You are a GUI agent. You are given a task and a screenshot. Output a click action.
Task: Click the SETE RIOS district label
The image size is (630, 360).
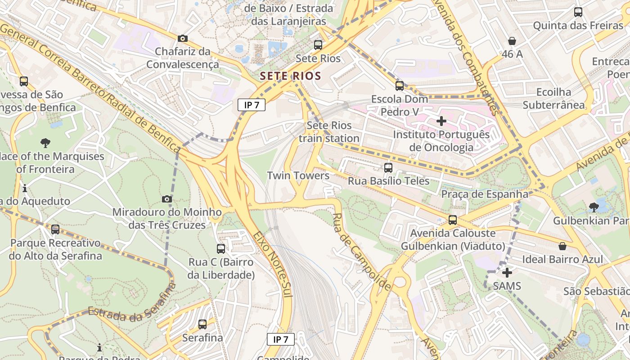pyautogui.click(x=290, y=76)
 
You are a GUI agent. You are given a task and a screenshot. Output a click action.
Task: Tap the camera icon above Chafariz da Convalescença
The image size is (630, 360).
pyautogui.click(x=182, y=39)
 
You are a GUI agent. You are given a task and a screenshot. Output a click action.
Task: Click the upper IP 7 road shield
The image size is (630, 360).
pyautogui.click(x=252, y=105)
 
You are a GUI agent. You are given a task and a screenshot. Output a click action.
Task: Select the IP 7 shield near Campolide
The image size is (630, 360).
pyautogui.click(x=280, y=339)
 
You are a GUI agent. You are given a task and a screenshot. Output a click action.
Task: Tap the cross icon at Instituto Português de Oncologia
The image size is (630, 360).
pyautogui.click(x=441, y=121)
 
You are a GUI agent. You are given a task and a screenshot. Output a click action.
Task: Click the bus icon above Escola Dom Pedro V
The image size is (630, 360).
pyautogui.click(x=400, y=85)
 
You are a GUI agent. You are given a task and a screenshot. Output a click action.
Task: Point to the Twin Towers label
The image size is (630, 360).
pyautogui.click(x=298, y=175)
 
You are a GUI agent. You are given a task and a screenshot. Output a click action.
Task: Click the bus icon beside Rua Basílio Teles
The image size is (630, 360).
pyautogui.click(x=388, y=168)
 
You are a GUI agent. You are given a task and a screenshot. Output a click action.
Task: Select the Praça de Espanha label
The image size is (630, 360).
pyautogui.click(x=485, y=194)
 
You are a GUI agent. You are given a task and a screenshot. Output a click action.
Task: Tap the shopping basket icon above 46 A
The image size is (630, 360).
pyautogui.click(x=512, y=41)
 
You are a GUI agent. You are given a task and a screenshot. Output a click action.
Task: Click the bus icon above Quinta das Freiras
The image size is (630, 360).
pyautogui.click(x=578, y=12)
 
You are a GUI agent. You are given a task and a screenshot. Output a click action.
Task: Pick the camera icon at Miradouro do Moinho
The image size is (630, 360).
pyautogui.click(x=166, y=199)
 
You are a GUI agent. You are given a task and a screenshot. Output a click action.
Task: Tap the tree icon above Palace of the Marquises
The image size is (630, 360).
pyautogui.click(x=45, y=143)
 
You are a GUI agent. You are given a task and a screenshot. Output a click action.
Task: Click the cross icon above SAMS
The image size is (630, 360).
pyautogui.click(x=507, y=273)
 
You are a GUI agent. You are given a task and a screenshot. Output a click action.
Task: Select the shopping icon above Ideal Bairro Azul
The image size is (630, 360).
pyautogui.click(x=562, y=246)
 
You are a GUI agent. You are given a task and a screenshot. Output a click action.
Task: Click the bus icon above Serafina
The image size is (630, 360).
pyautogui.click(x=202, y=324)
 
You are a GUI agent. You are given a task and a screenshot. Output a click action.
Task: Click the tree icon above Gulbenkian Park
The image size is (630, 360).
pyautogui.click(x=594, y=207)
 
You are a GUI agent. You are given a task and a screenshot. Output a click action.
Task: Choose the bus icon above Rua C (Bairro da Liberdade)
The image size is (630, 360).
pyautogui.click(x=221, y=249)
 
